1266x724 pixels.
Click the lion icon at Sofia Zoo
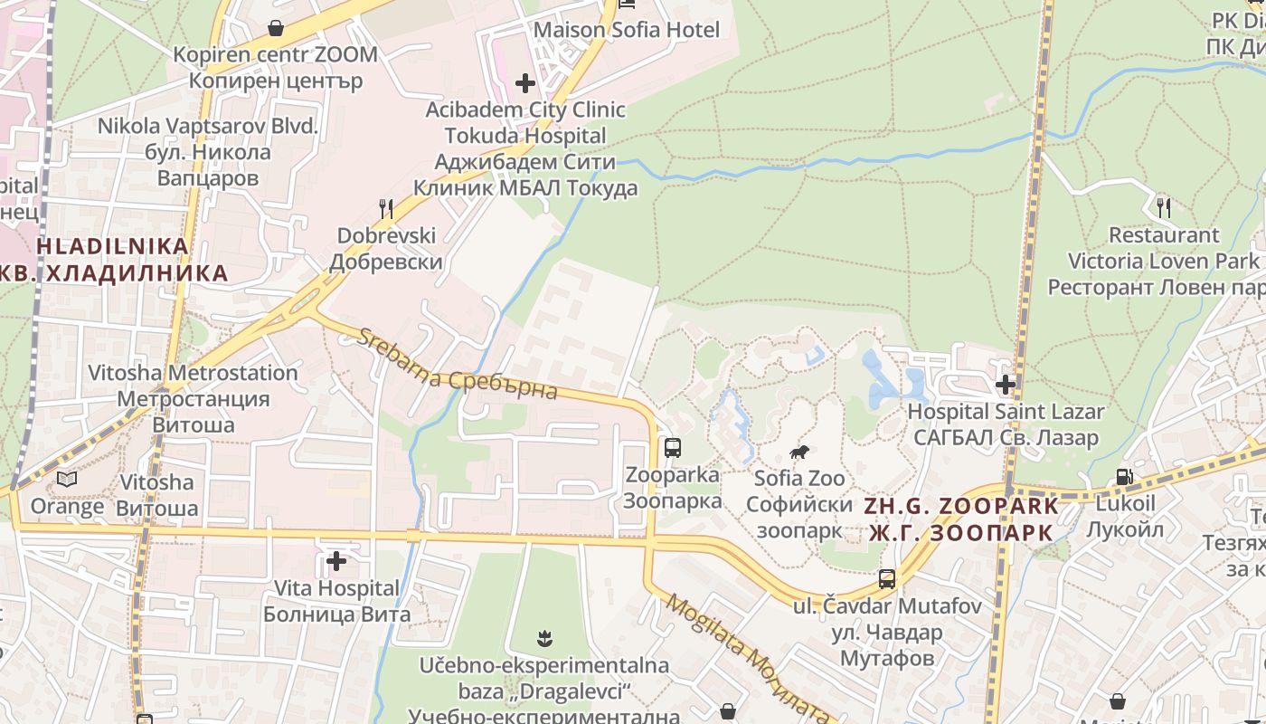[798, 452]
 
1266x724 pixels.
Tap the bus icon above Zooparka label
[672, 447]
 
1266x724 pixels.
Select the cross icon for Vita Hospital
[336, 562]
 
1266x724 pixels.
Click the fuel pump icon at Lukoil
[1124, 477]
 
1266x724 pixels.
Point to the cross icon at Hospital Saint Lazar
[1005, 385]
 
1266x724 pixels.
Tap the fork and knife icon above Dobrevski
[386, 209]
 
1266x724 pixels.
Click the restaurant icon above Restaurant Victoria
[1164, 208]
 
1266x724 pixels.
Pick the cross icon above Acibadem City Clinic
[525, 83]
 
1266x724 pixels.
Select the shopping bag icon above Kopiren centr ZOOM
[276, 28]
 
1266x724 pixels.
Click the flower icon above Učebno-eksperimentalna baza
[543, 640]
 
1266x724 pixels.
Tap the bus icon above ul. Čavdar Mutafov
[887, 579]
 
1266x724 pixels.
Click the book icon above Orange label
[67, 479]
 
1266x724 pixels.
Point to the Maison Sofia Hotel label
[627, 30]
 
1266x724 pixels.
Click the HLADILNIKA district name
[113, 246]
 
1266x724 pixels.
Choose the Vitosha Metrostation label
[193, 373]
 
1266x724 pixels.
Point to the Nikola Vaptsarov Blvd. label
[208, 126]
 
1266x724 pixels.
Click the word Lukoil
[1126, 503]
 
